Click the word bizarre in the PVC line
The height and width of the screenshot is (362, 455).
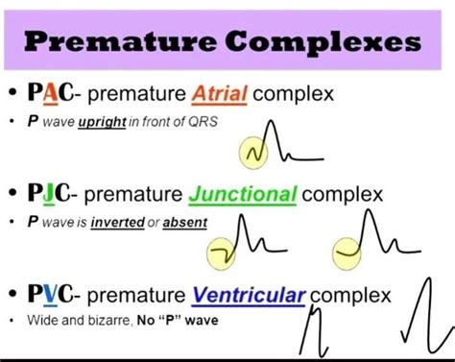tap(112, 317)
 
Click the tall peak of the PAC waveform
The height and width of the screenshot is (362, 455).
tap(272, 125)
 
